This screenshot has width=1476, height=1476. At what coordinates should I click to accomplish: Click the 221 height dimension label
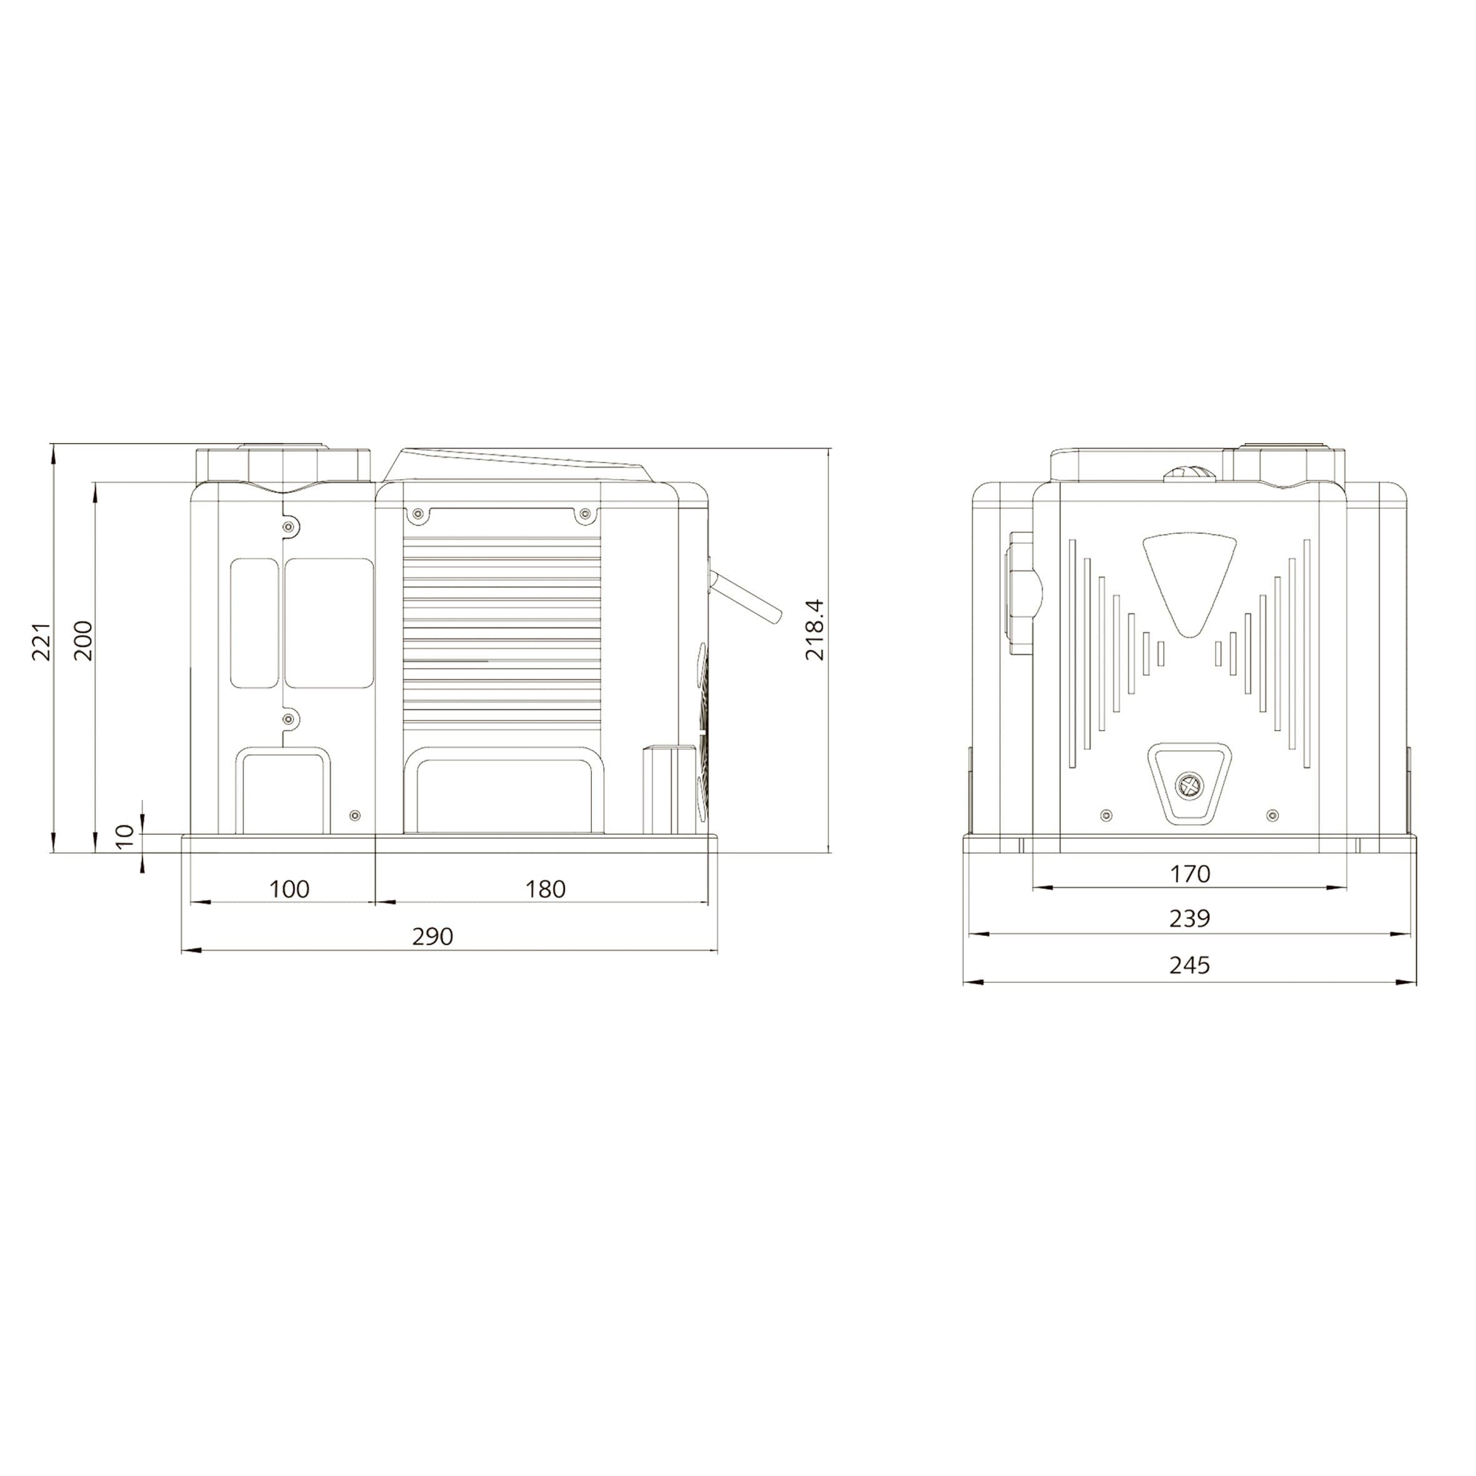pyautogui.click(x=41, y=641)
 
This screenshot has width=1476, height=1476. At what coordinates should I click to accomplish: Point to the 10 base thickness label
pyautogui.click(x=127, y=835)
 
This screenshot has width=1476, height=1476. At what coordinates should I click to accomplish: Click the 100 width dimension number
pyautogui.click(x=289, y=889)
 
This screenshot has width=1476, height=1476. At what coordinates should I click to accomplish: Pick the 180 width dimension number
pyautogui.click(x=546, y=889)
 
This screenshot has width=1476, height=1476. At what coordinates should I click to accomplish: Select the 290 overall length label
pyautogui.click(x=432, y=936)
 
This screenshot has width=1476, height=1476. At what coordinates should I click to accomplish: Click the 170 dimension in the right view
pyautogui.click(x=1190, y=873)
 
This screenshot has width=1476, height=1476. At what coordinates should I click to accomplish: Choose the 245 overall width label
pyautogui.click(x=1190, y=965)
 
